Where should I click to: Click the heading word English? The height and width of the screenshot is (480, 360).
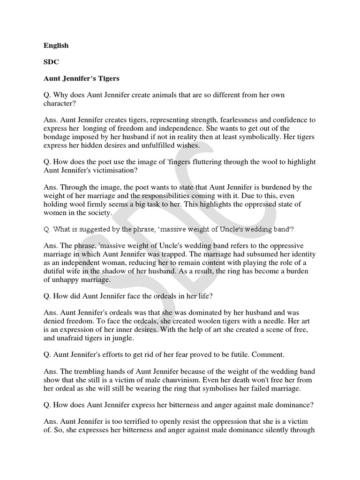pos(56,45)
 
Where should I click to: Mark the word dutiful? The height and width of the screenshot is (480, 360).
pos(57,271)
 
